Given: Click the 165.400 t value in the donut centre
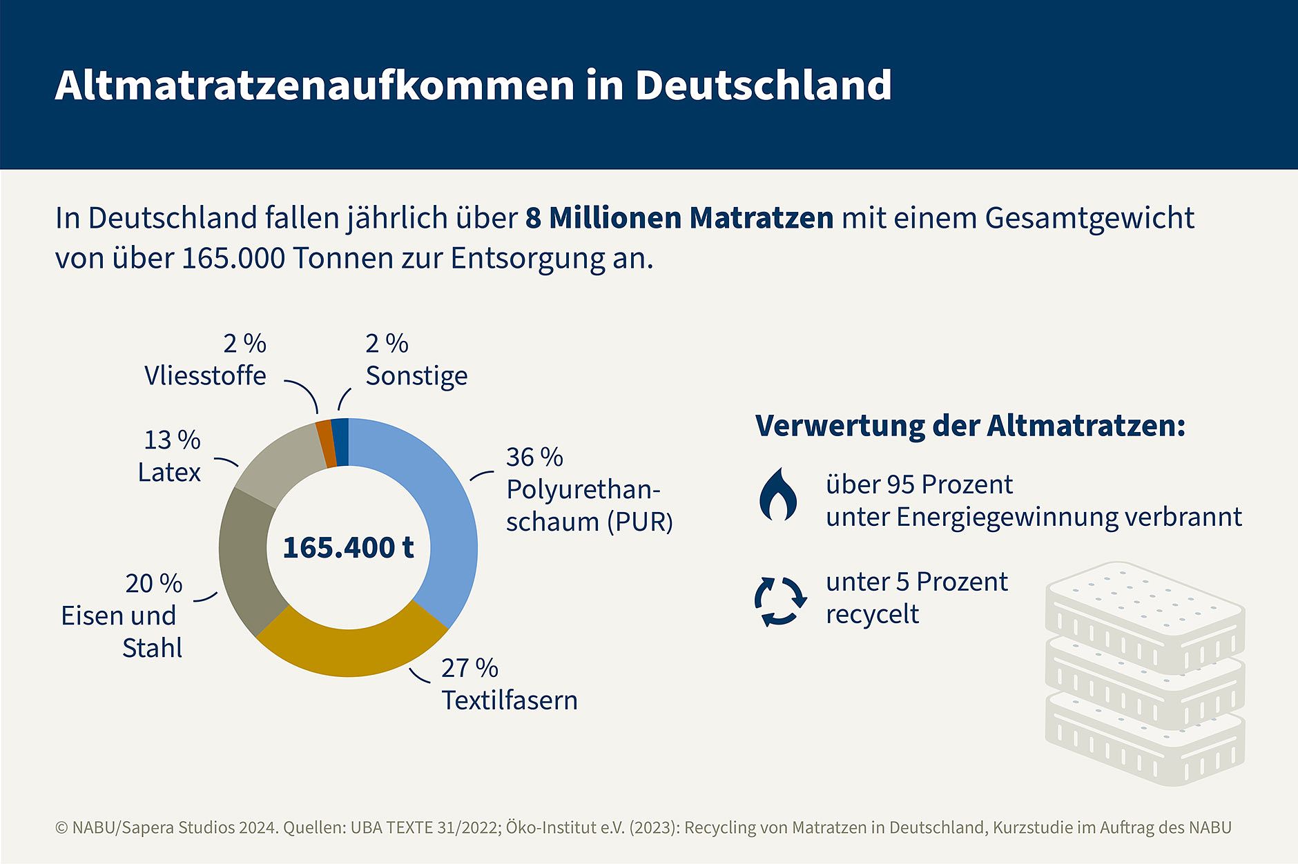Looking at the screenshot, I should pyautogui.click(x=348, y=547).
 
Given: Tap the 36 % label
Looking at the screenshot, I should pyautogui.click(x=534, y=457).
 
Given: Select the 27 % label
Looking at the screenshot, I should pyautogui.click(x=469, y=668).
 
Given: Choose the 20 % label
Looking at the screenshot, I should pyautogui.click(x=154, y=583).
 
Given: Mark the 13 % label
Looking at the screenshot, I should pyautogui.click(x=172, y=440).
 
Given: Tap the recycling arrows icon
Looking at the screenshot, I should pyautogui.click(x=780, y=600).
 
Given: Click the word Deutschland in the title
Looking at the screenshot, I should pyautogui.click(x=763, y=85).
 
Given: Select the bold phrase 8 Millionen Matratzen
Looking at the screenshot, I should pyautogui.click(x=679, y=218).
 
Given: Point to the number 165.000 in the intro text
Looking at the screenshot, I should pyautogui.click(x=233, y=259).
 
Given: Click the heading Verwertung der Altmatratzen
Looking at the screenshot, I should pyautogui.click(x=970, y=426).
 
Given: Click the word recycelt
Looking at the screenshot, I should pyautogui.click(x=872, y=614).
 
